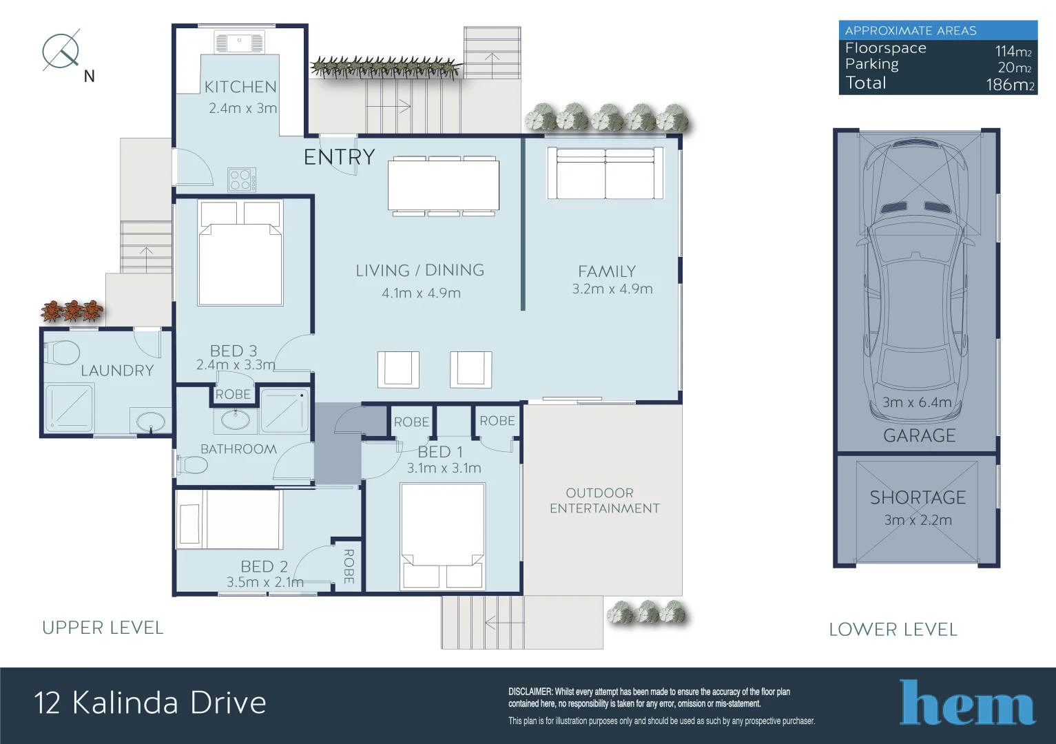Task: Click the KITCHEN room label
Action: click(240, 87)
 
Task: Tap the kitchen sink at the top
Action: click(239, 43)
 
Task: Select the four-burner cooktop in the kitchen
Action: click(242, 180)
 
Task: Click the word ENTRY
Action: click(339, 157)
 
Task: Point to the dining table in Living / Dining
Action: click(443, 185)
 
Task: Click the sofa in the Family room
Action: click(605, 174)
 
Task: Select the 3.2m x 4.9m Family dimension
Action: click(612, 289)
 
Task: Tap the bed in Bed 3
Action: click(240, 254)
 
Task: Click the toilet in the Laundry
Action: click(62, 352)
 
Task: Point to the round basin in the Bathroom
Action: click(236, 419)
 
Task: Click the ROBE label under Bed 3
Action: click(233, 394)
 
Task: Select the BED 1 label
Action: click(440, 452)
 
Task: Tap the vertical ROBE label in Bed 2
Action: click(349, 566)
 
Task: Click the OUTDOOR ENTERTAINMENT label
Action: click(604, 501)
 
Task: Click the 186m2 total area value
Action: click(1009, 85)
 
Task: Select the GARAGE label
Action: click(919, 435)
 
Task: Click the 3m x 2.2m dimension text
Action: click(918, 520)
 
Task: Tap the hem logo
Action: click(967, 703)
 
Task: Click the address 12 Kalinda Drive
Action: click(150, 703)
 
